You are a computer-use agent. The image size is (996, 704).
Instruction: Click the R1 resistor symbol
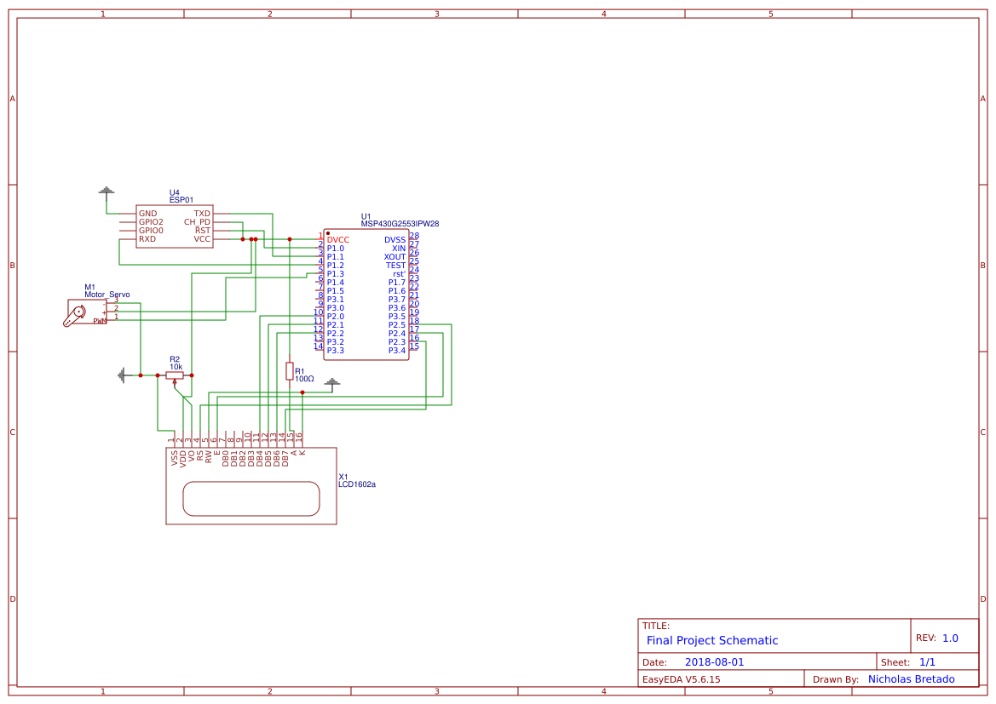tap(290, 370)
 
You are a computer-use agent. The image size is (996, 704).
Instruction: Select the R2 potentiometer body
tap(175, 375)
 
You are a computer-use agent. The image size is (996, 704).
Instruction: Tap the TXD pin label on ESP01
tap(202, 214)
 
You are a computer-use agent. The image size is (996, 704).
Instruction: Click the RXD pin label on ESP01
tap(147, 239)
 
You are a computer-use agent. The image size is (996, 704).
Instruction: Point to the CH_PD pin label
tap(197, 222)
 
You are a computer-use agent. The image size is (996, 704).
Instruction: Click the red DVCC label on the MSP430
tap(337, 240)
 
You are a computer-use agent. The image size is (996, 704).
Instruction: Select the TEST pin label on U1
tap(395, 266)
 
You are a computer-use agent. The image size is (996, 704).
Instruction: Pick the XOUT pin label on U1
tap(394, 257)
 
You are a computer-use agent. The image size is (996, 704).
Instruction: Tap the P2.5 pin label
tap(397, 325)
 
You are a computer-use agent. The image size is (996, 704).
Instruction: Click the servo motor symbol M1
tap(77, 313)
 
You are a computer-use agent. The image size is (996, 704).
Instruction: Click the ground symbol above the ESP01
tap(107, 190)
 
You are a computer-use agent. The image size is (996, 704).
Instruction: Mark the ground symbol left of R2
tap(123, 375)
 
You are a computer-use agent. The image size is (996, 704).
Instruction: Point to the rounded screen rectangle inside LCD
tap(251, 498)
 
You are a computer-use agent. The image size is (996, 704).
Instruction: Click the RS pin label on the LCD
tap(200, 456)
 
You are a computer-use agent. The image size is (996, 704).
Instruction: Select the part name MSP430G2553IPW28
tap(400, 224)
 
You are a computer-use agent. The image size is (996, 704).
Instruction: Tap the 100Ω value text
tap(304, 379)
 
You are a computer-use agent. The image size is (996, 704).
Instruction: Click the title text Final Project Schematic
tap(712, 640)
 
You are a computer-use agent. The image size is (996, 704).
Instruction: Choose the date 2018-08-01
tap(714, 662)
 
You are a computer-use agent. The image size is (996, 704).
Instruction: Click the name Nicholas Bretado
tap(911, 679)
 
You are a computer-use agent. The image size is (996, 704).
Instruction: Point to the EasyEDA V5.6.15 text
tap(681, 679)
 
